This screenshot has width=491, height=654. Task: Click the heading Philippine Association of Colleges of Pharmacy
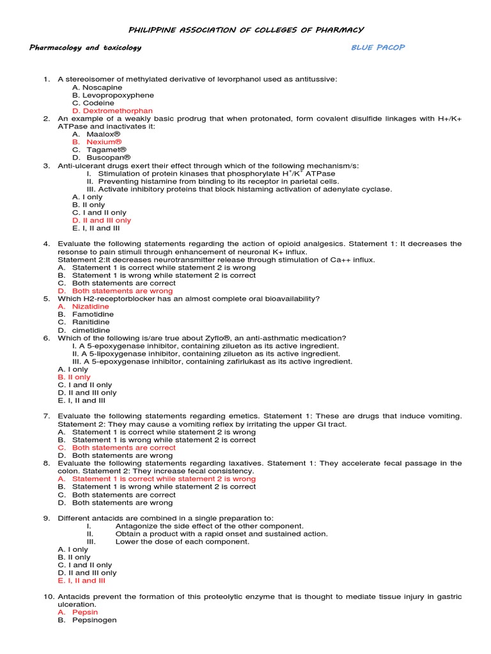click(246, 29)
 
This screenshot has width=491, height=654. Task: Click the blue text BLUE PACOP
click(378, 47)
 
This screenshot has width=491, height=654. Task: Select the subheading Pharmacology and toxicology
click(86, 47)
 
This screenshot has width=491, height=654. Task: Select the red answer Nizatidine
click(94, 307)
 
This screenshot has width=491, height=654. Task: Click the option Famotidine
click(93, 314)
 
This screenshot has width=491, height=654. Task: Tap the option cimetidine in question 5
click(91, 330)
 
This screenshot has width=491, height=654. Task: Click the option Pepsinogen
click(94, 620)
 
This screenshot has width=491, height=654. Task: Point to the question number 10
click(49, 597)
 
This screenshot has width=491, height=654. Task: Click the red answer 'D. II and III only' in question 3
click(102, 220)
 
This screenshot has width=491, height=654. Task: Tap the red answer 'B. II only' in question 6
click(74, 377)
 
